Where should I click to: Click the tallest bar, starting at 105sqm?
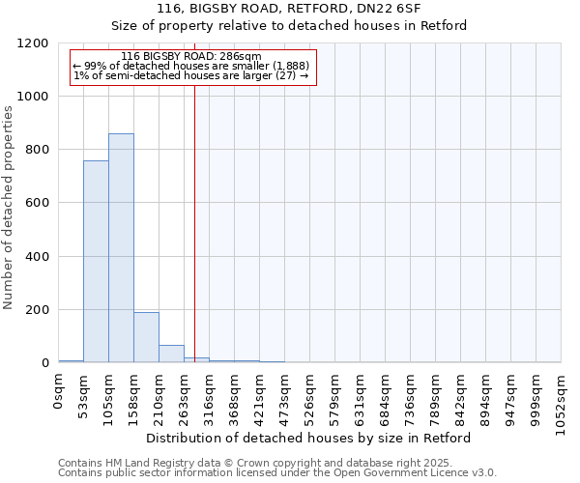pos(121,248)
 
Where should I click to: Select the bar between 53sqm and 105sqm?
pos(96,262)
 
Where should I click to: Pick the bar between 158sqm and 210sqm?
pos(146,337)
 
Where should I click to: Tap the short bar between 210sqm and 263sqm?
pos(171,354)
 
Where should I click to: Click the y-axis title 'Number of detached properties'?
pos(9,208)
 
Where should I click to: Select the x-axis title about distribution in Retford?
pos(308,438)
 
